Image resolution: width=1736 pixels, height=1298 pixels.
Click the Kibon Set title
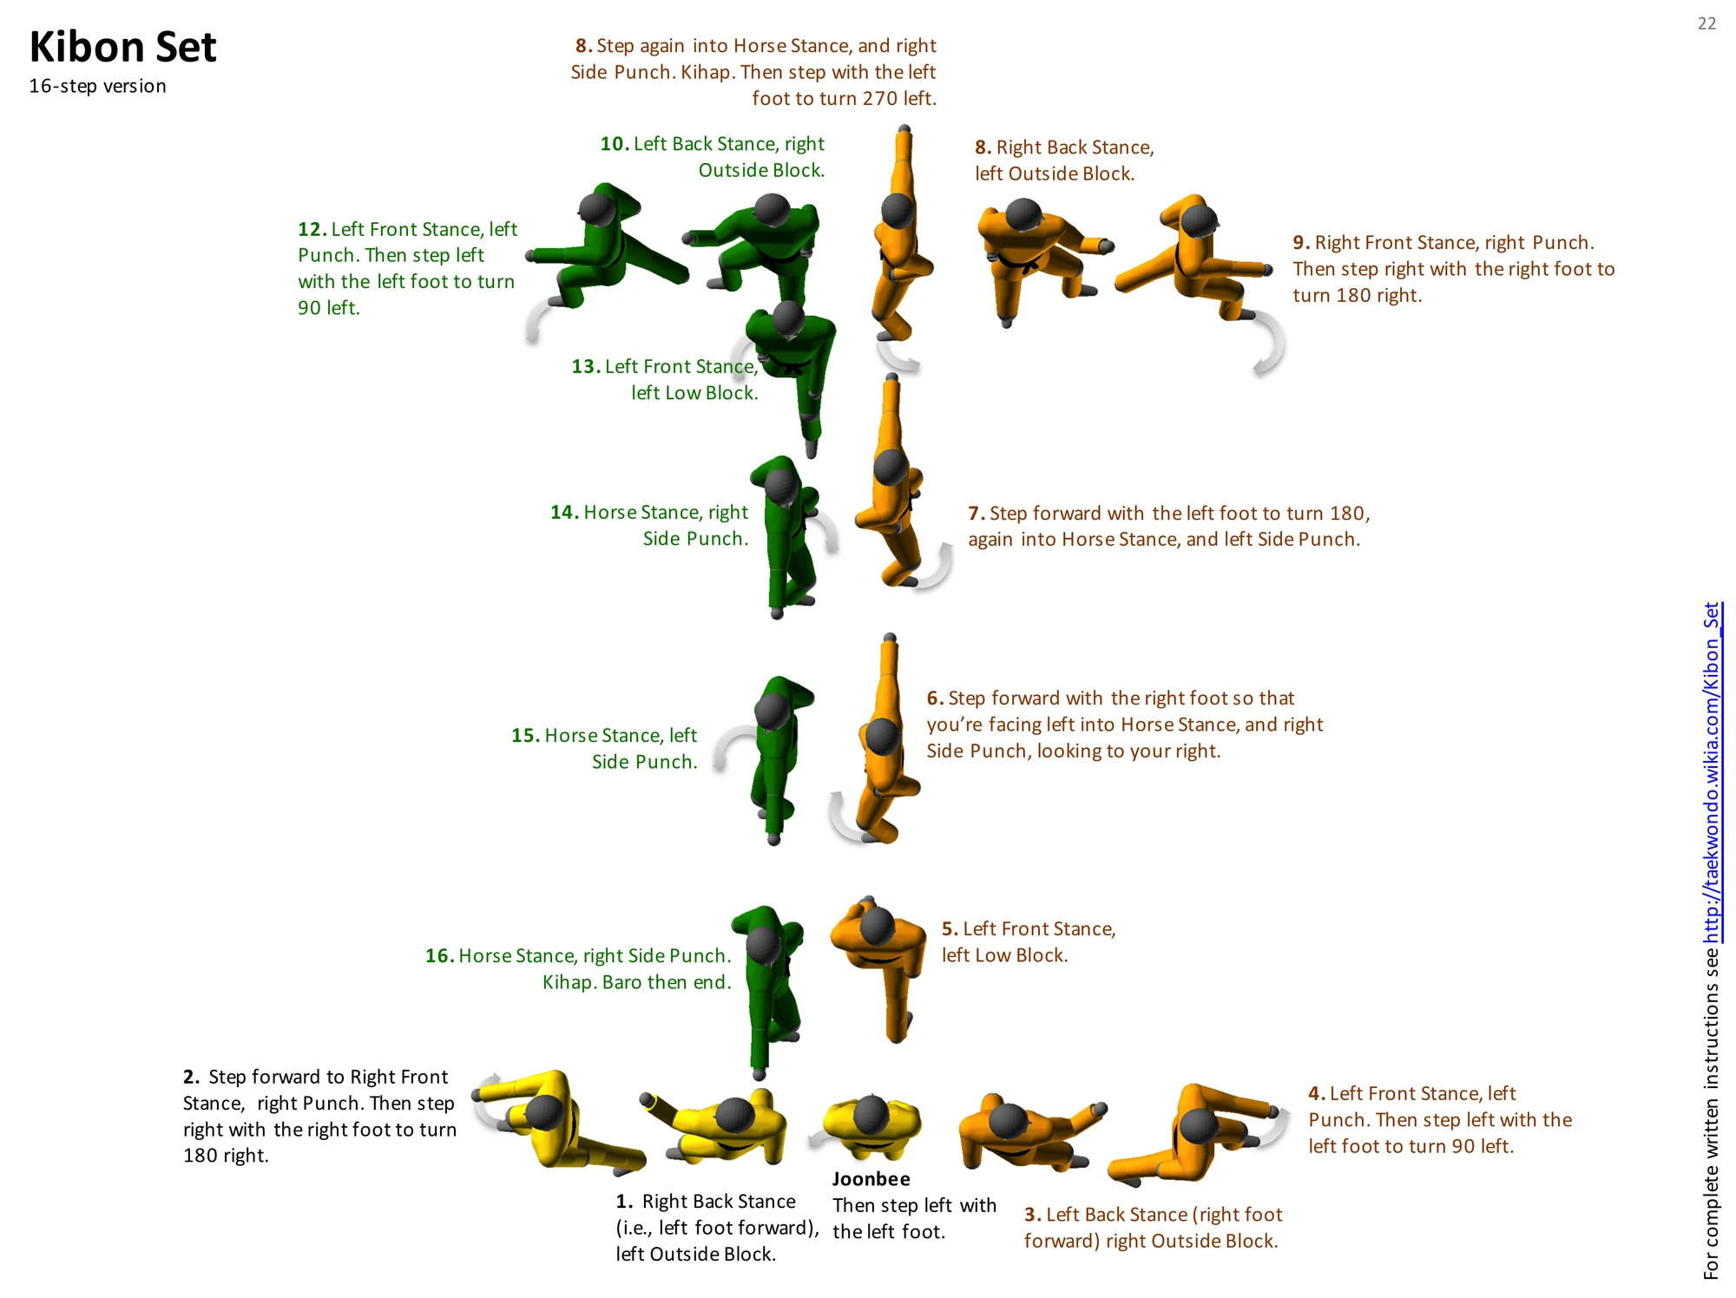coord(122,47)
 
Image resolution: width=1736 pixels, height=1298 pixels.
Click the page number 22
coord(1706,23)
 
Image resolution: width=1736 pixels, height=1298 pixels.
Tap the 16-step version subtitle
coord(97,86)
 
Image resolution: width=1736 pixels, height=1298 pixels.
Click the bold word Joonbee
coord(871,1178)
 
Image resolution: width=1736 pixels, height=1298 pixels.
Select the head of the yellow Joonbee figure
coord(871,1114)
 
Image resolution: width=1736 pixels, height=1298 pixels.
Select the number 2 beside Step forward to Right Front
coord(191,1077)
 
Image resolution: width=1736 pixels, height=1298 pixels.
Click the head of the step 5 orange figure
coord(878,926)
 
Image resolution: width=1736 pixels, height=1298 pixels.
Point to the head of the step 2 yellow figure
coord(544,1112)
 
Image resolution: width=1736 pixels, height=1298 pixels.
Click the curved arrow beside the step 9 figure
coord(1269,343)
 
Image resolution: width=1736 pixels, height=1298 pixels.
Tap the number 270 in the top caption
coord(879,98)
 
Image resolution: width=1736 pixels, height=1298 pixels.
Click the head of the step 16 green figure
coord(764,945)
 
